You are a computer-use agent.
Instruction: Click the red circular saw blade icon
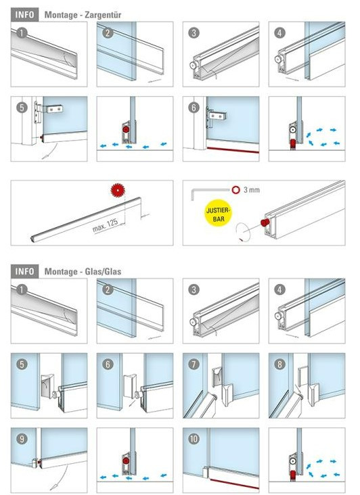118,190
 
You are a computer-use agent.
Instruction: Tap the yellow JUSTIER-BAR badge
218,214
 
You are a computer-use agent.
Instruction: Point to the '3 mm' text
251,190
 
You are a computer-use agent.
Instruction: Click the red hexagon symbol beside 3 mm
235,190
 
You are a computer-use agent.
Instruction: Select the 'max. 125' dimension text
105,225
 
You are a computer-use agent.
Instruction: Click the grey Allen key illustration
208,193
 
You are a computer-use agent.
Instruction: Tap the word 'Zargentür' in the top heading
102,15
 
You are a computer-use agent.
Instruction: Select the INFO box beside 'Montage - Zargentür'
24,14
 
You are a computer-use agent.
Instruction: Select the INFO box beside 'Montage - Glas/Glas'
24,271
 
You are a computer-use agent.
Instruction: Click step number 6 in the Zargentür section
194,108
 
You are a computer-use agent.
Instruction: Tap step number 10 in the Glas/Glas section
194,439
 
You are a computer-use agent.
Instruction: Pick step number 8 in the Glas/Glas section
279,364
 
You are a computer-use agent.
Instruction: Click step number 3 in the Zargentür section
194,33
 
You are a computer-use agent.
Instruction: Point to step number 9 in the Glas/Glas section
22,439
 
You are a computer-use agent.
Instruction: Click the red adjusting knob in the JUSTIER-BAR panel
265,222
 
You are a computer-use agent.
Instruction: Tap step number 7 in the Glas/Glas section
194,364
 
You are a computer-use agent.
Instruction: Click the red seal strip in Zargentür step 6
233,149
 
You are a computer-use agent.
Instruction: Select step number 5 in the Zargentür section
22,108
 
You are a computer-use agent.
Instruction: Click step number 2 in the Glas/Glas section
108,289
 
